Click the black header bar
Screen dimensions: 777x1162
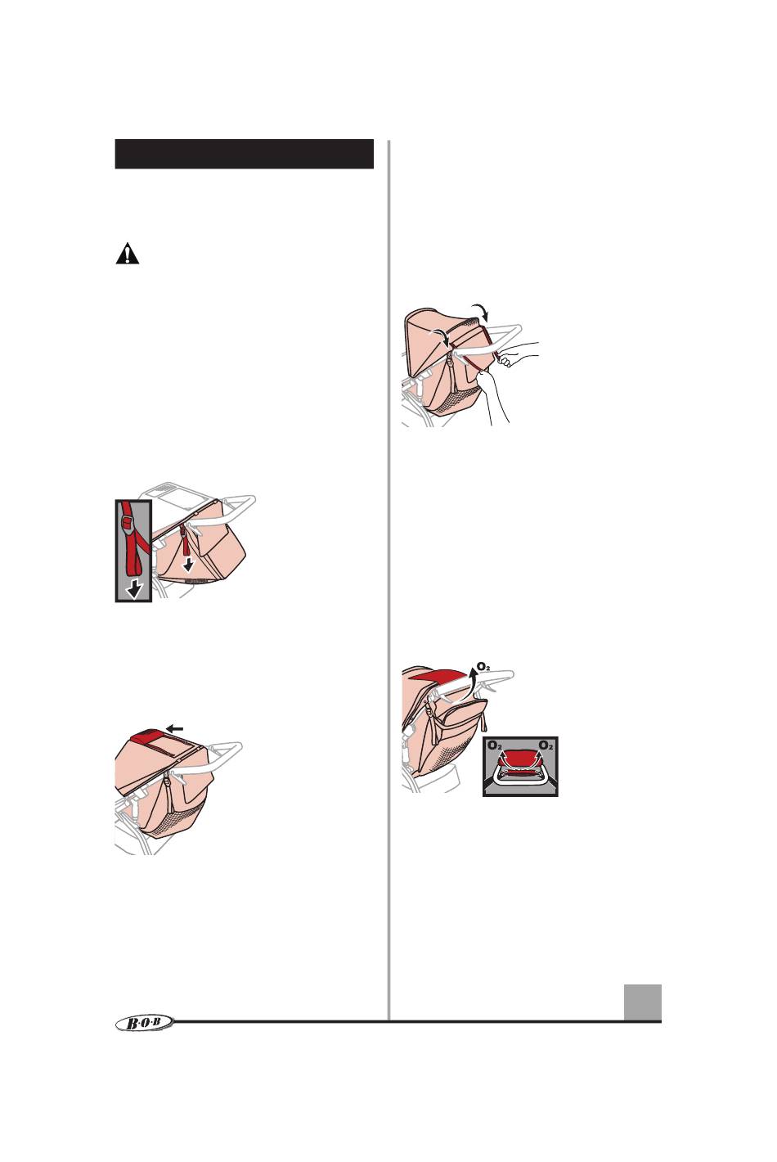[x=244, y=154]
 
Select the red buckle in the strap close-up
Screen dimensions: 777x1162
[x=126, y=520]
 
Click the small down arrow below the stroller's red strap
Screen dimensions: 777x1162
[x=188, y=565]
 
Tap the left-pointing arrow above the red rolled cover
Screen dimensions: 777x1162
[x=176, y=729]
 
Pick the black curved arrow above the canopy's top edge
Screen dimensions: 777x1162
[x=480, y=311]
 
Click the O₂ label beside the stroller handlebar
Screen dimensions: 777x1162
[x=483, y=665]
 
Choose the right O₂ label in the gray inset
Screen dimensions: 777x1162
[x=546, y=745]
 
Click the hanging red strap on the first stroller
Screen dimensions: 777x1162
[x=186, y=542]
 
